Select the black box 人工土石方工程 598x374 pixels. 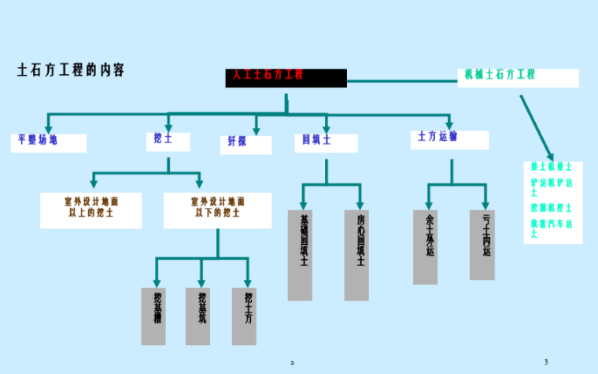286,77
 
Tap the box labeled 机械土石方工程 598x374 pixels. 518,77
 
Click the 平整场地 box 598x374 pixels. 48,143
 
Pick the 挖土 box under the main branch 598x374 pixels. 168,141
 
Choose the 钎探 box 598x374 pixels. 245,144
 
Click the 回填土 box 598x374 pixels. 325,142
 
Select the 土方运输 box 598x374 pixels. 448,139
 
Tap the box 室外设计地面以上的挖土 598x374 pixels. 91,209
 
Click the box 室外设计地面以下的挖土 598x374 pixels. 217,209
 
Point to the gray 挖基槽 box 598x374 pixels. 153,316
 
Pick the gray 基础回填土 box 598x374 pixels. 300,254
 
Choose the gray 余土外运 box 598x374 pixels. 425,246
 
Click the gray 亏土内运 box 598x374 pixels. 482,244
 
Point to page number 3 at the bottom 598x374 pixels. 545,361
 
